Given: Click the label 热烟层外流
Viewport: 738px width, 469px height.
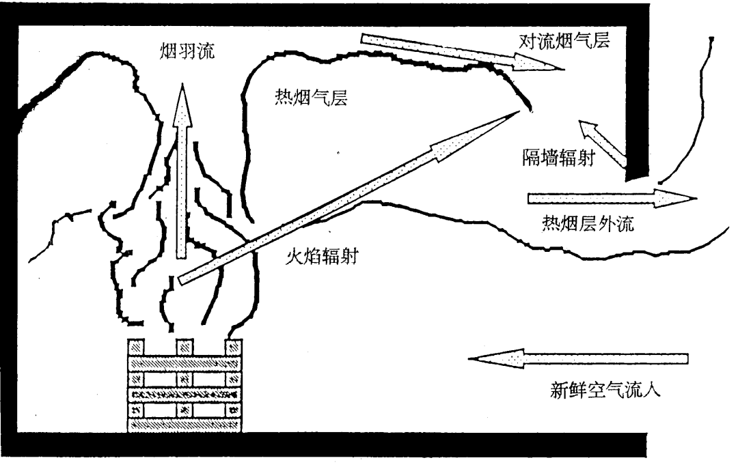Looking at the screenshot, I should [587, 224].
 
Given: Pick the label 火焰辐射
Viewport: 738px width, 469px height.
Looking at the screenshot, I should [320, 257].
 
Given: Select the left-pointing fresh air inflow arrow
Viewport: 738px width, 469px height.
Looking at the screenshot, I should [578, 358].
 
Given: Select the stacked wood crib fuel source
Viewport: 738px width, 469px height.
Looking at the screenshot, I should [185, 386].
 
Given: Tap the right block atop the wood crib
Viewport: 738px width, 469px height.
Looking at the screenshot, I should [234, 345].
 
